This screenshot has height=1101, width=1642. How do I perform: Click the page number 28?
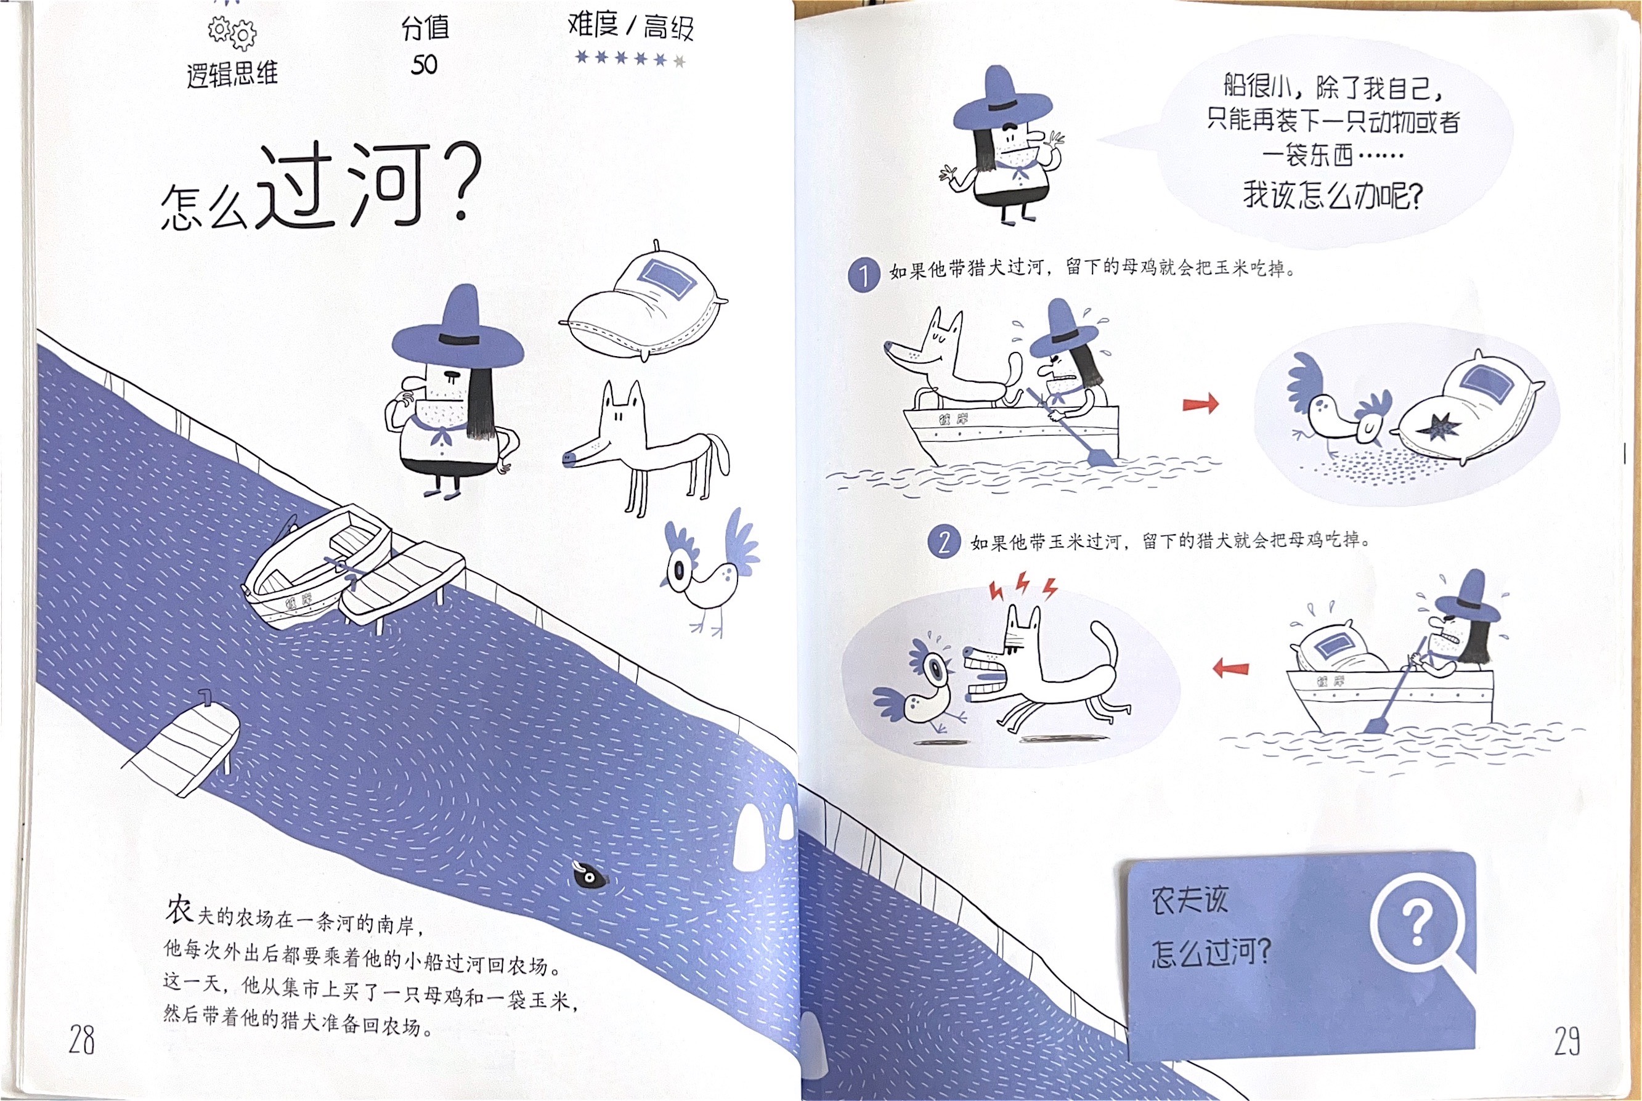coord(81,1040)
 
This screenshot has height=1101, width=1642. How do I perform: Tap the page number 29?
coord(1567,1041)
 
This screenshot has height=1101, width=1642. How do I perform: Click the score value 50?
coord(424,65)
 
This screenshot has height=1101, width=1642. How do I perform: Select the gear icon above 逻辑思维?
coord(232,31)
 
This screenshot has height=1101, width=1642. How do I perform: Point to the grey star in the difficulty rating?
coord(679,61)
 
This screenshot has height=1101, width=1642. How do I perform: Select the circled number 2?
coord(943,543)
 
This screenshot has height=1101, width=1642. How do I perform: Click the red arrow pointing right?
coord(1201,404)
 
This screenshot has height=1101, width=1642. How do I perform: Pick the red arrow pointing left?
coord(1231,668)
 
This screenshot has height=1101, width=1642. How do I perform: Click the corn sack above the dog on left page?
coord(644,301)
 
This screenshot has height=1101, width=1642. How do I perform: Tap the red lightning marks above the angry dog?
coord(1022,587)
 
